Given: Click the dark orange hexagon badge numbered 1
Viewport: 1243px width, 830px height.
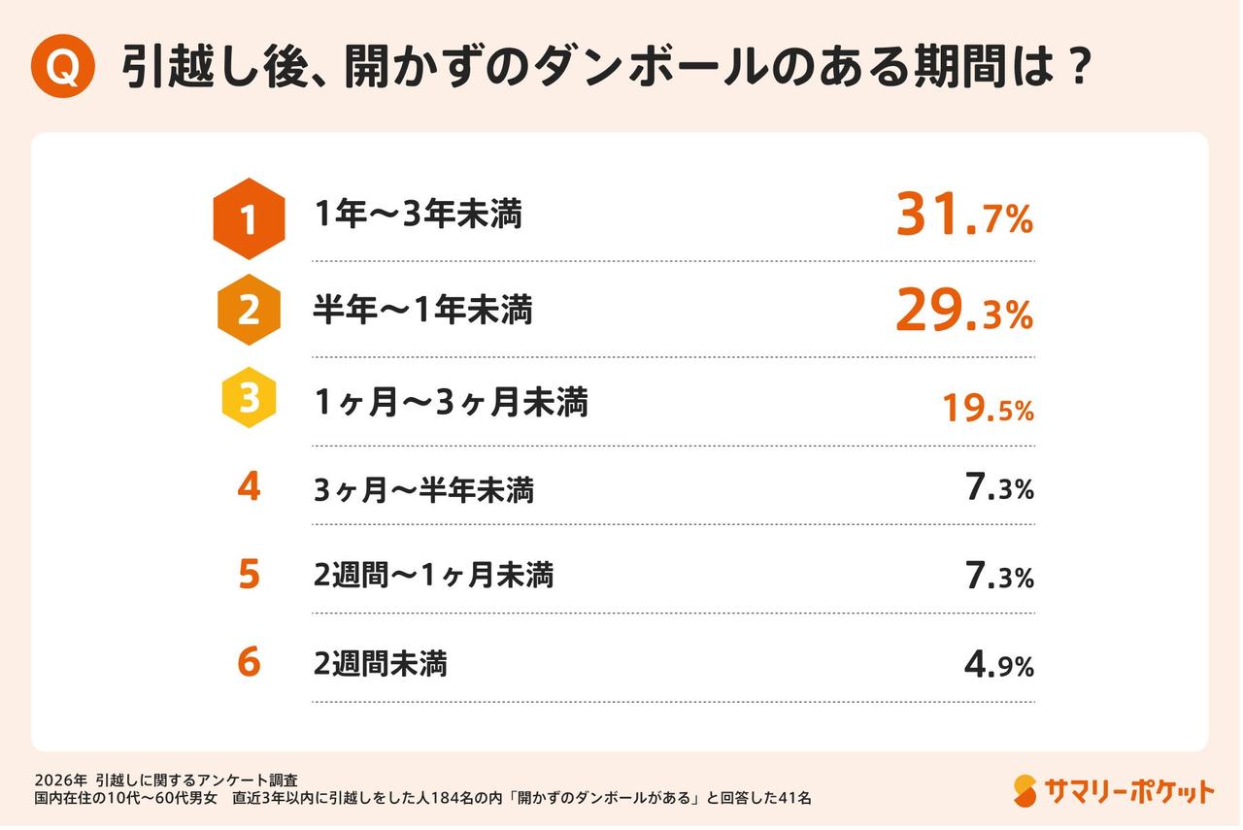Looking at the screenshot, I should [x=249, y=219].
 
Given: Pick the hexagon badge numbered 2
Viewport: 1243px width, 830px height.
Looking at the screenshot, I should [x=249, y=311].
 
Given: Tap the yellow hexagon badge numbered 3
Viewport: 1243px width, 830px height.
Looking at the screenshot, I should [x=249, y=399].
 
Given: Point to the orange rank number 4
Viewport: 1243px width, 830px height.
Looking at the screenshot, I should [x=249, y=486].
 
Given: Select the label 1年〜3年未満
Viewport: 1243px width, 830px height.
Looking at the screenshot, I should [x=418, y=215].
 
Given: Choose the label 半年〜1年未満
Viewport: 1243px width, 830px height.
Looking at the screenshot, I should [x=422, y=311].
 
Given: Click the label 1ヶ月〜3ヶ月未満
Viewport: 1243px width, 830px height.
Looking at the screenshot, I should [x=451, y=402].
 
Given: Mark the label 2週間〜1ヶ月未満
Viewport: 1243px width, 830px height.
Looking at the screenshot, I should [x=433, y=576].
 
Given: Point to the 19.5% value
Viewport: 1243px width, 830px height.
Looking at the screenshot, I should [x=988, y=409].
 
